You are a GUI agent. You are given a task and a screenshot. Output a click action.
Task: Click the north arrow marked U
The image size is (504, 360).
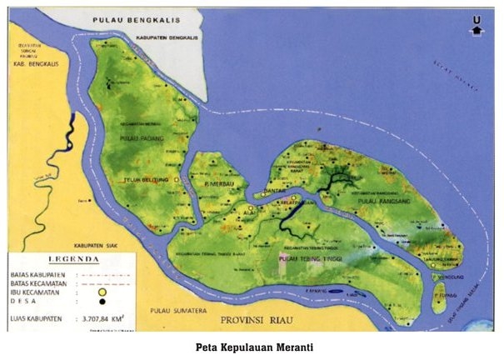477,28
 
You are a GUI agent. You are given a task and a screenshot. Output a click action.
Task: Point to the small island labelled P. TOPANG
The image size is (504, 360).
440,295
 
